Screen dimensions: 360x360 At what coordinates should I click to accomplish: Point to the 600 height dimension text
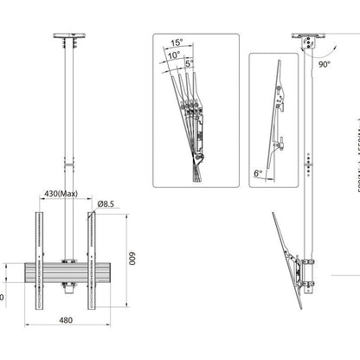(133, 259)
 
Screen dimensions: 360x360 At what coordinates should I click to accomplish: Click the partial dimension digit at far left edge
(2, 296)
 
